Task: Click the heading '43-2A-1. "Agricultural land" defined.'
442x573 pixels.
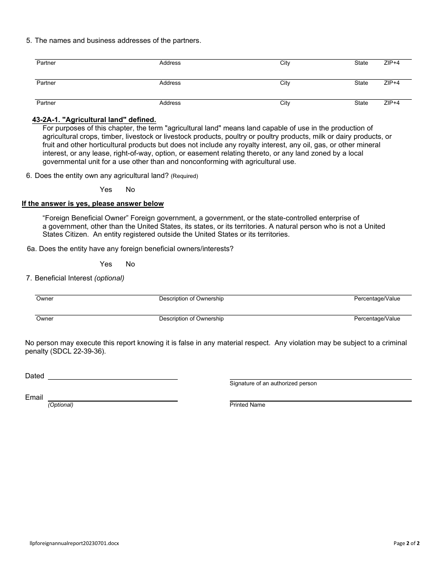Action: pyautogui.click(x=94, y=120)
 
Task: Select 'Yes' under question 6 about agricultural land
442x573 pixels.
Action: pyautogui.click(x=106, y=190)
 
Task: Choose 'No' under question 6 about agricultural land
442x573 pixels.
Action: pyautogui.click(x=130, y=190)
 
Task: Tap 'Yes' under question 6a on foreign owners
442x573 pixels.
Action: pyautogui.click(x=106, y=264)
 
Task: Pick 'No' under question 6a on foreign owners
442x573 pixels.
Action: pyautogui.click(x=130, y=264)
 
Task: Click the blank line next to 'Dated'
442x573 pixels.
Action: pyautogui.click(x=113, y=375)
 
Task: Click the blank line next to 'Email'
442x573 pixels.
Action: pyautogui.click(x=113, y=397)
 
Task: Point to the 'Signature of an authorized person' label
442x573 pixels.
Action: pyautogui.click(x=273, y=383)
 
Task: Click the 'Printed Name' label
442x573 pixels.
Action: pyautogui.click(x=248, y=405)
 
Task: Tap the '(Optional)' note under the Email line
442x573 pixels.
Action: pyautogui.click(x=60, y=405)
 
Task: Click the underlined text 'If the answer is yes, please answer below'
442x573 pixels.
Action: pyautogui.click(x=93, y=204)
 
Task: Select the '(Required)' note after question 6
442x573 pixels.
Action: pyautogui.click(x=184, y=176)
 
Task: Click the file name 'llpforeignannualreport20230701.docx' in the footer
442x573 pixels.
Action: pyautogui.click(x=74, y=543)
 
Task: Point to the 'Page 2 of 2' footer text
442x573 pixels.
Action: pyautogui.click(x=406, y=543)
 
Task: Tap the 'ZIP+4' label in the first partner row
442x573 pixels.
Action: pyautogui.click(x=391, y=63)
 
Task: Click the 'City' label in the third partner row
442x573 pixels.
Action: pyautogui.click(x=285, y=103)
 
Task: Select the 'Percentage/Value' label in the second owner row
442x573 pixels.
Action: pyautogui.click(x=377, y=319)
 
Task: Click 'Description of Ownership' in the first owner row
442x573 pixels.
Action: pyautogui.click(x=191, y=299)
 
